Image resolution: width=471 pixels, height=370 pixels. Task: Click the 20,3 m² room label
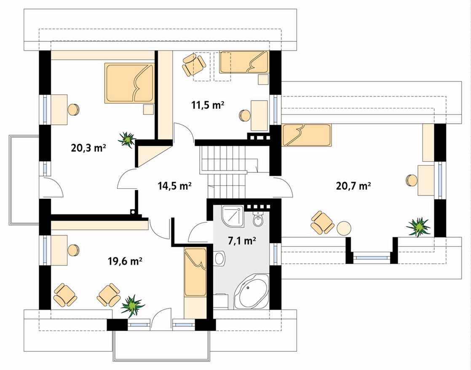(x=88, y=148)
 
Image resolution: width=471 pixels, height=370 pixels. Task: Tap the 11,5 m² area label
(x=208, y=105)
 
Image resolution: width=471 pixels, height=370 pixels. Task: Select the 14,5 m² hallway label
(x=175, y=186)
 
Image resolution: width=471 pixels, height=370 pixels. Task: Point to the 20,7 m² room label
(x=353, y=186)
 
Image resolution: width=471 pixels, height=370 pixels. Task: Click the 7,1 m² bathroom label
(x=242, y=241)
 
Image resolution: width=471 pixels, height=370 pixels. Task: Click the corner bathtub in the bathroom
(x=252, y=291)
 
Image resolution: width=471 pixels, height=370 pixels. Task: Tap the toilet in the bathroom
(x=258, y=219)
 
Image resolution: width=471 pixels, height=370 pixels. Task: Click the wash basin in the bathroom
(x=220, y=258)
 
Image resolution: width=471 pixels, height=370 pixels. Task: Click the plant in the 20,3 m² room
(x=127, y=140)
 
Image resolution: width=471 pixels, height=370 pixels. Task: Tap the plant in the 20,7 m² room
(x=418, y=227)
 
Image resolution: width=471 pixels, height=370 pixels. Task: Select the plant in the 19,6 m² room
(x=132, y=306)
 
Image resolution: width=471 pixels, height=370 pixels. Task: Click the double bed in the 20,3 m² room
(x=129, y=83)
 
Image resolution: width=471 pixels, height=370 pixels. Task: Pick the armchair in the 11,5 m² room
(x=194, y=64)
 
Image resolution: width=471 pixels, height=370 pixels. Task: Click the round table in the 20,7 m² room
(x=344, y=228)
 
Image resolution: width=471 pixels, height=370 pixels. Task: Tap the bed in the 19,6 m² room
(x=195, y=272)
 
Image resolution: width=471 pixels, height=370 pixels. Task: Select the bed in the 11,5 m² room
(x=244, y=62)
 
